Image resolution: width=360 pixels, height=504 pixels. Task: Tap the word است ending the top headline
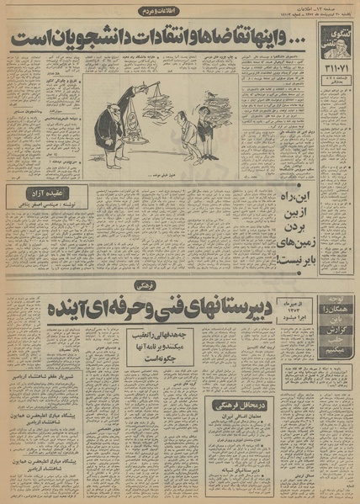coord(29,38)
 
